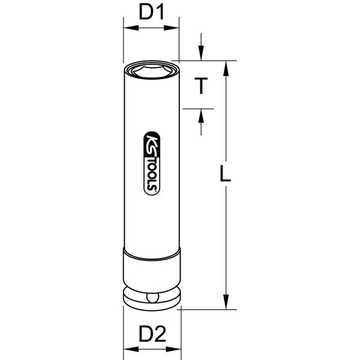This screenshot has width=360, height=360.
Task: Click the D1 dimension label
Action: (x=151, y=11)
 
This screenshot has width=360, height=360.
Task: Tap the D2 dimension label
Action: (x=151, y=333)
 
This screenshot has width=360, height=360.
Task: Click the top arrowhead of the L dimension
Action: (x=226, y=66)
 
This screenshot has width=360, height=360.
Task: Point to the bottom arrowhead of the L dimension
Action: (x=226, y=304)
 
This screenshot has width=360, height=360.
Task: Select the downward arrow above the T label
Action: (x=202, y=53)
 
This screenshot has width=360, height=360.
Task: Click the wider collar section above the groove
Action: (x=151, y=270)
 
